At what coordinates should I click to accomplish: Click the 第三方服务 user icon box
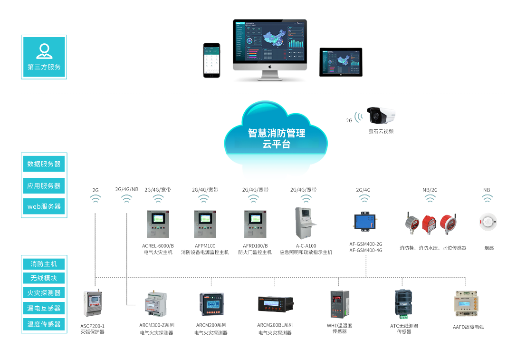click(x=44, y=57)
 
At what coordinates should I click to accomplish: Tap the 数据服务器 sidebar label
click(x=44, y=164)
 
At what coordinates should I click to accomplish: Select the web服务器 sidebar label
click(x=44, y=206)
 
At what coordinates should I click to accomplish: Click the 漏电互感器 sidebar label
click(x=44, y=309)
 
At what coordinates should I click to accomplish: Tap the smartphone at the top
click(x=212, y=60)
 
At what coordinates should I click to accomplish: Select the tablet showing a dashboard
click(x=341, y=62)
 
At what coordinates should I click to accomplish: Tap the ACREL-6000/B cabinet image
click(x=158, y=224)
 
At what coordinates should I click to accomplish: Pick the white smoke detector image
click(x=488, y=222)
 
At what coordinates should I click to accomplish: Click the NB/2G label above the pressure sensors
click(x=430, y=190)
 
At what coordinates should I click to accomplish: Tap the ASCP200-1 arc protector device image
click(x=93, y=304)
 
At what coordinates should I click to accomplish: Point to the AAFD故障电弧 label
click(x=468, y=327)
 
